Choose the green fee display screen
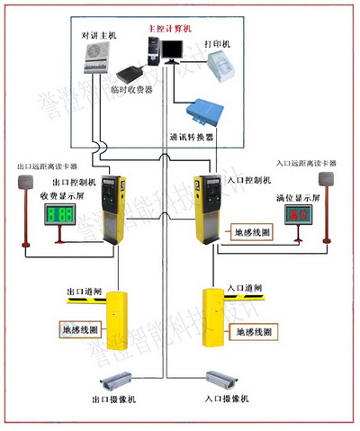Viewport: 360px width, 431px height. tap(60, 216)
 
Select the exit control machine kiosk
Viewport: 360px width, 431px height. tap(112, 207)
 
